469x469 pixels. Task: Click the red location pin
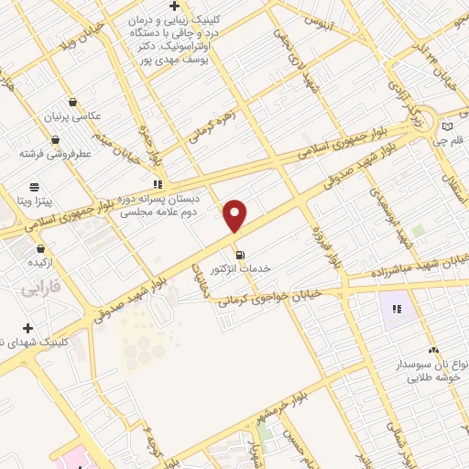[x=235, y=215]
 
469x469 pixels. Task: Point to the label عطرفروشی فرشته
[x=57, y=154]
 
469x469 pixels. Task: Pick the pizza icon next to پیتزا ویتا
[x=35, y=184]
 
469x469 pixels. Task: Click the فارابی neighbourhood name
[x=39, y=289]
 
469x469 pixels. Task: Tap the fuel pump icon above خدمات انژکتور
[x=240, y=254]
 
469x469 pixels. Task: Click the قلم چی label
[x=453, y=142]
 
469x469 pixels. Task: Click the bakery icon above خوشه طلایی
[x=432, y=349]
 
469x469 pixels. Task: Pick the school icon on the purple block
[x=398, y=309]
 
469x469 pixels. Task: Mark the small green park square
[x=419, y=231]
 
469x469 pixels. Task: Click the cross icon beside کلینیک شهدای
[x=28, y=328]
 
